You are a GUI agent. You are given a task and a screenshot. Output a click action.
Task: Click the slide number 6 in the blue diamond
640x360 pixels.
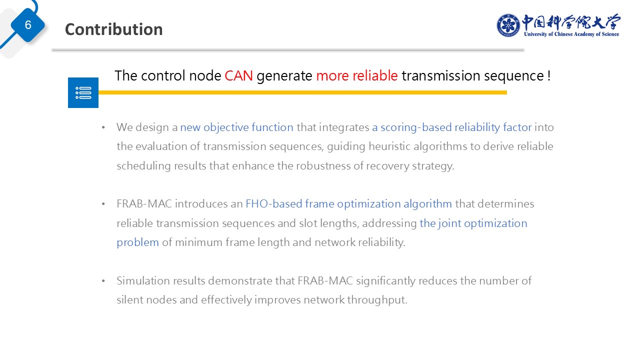click(28, 25)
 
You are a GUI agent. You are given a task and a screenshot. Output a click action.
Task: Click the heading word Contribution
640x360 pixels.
click(113, 29)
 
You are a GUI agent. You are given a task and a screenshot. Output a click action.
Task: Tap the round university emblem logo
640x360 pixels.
click(508, 25)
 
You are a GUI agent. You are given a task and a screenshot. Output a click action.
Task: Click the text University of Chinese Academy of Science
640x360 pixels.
click(571, 34)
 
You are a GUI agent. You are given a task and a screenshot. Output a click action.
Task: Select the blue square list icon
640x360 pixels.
click(83, 92)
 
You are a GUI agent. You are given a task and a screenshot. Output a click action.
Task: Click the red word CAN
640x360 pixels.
click(238, 75)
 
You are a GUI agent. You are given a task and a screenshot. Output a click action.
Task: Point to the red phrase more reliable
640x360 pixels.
click(357, 75)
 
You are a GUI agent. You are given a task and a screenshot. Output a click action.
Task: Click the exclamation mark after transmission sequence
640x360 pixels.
click(549, 75)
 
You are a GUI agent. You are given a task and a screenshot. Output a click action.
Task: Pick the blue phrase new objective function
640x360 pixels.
click(236, 127)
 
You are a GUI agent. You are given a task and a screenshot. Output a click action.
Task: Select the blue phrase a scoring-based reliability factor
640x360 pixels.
click(451, 127)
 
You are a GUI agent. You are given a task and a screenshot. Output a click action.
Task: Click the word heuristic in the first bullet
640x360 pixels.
click(389, 146)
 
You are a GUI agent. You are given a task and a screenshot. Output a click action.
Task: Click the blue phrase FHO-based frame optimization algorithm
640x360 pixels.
click(348, 204)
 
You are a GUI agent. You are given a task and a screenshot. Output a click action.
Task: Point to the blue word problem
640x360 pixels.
click(137, 242)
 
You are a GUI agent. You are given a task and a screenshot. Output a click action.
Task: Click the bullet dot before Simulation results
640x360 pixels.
click(103, 281)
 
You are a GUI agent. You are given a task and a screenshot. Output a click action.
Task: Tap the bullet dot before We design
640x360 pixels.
click(103, 127)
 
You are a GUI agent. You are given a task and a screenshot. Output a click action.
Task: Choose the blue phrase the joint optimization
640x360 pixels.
click(473, 223)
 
